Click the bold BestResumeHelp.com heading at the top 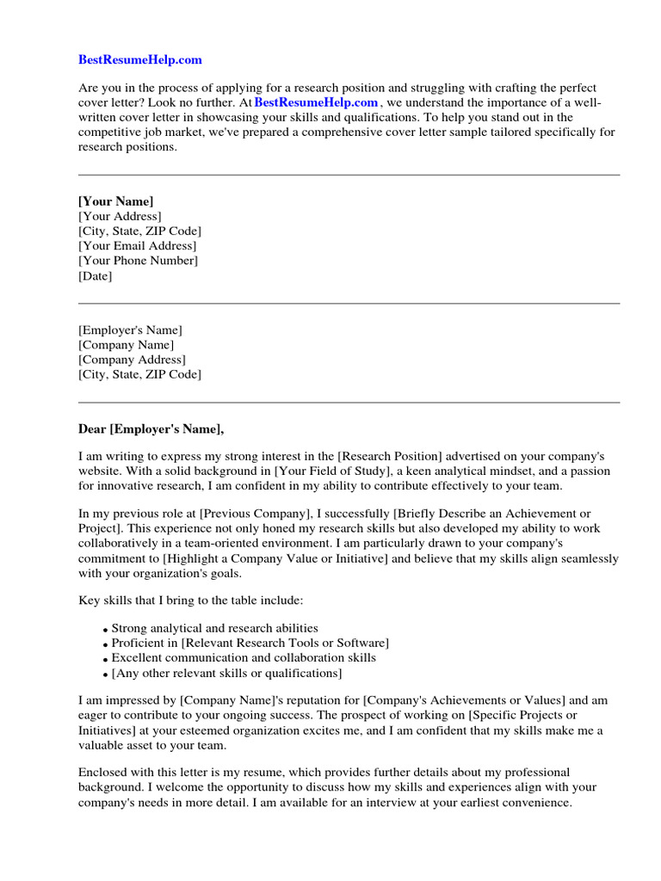pos(140,59)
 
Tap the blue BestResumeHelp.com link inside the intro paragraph pos(316,102)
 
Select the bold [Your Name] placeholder pos(116,201)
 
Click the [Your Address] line pos(120,216)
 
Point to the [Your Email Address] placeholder pos(137,246)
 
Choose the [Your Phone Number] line pos(138,261)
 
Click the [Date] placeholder pos(95,276)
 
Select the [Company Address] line pos(132,360)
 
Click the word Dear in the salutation pos(92,428)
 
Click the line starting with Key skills pos(190,599)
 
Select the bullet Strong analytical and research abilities pos(214,628)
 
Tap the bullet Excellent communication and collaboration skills pos(244,658)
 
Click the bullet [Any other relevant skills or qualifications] pos(226,673)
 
